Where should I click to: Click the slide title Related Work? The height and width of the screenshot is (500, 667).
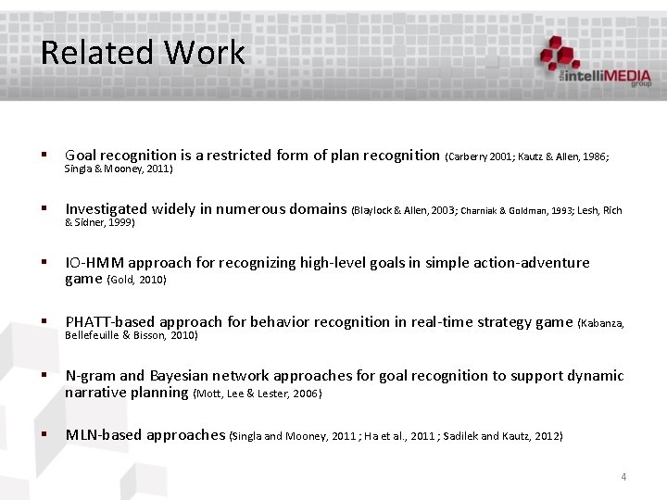pos(143,52)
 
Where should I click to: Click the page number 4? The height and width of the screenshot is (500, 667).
pos(623,477)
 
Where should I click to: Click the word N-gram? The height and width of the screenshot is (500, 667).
pos(90,376)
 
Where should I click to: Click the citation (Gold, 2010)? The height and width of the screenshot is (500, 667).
pos(137,280)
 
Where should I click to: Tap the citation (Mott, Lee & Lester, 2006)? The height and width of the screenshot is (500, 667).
pos(258,394)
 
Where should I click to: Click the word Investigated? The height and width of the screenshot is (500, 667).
pos(106,209)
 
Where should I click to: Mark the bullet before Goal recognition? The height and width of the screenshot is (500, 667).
pos(44,156)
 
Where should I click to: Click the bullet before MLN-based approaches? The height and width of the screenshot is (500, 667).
pos(44,435)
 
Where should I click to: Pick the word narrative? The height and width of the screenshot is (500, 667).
pos(95,393)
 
